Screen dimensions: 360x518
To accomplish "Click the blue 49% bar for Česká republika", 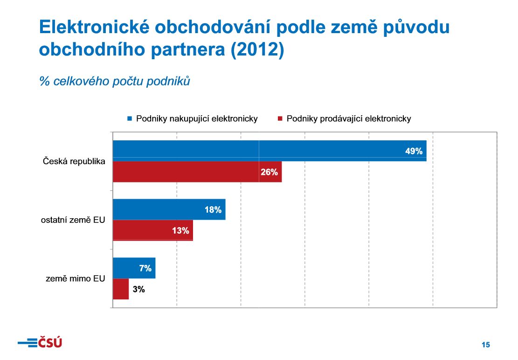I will coord(269,151).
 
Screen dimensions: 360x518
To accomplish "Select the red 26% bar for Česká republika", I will coord(197,172).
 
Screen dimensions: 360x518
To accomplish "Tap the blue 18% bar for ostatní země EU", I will coord(169,209).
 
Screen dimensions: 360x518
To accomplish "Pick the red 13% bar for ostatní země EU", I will coord(152,230).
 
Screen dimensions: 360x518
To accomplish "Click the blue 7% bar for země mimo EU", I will coord(134,268).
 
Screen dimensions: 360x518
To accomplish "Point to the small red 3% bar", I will coord(121,289).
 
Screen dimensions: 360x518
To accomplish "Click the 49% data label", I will coord(414,151).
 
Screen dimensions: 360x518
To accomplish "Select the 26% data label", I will coord(269,172).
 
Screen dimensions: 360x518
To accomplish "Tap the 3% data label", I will coord(138,290).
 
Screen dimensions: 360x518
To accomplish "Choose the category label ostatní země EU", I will coord(73,220).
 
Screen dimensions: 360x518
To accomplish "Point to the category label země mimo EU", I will coord(76,279).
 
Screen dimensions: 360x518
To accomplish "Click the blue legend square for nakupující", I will coord(130,118).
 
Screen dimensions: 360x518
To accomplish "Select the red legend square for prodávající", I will coord(280,118).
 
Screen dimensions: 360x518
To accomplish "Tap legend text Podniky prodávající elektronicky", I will coord(349,118).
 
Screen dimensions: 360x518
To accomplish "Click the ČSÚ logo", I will coord(40,343).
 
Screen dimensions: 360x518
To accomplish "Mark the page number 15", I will coord(486,345).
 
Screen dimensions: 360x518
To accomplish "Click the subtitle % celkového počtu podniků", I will coord(115,81).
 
